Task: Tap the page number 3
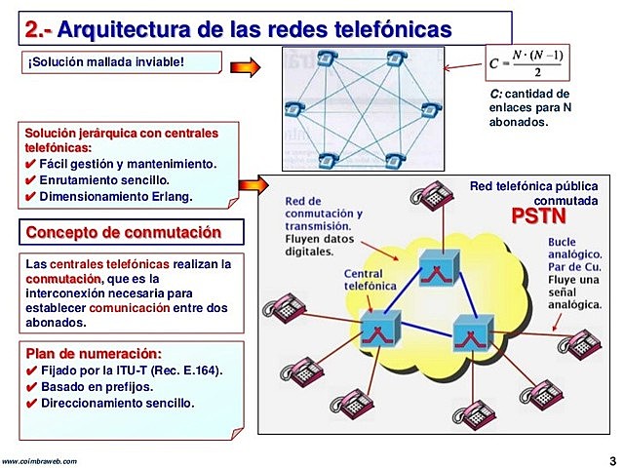click(610, 460)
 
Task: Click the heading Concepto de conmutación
click(123, 233)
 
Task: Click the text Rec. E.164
click(193, 370)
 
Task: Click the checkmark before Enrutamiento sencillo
click(30, 181)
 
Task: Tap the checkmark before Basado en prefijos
click(30, 386)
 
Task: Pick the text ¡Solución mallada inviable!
click(106, 65)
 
